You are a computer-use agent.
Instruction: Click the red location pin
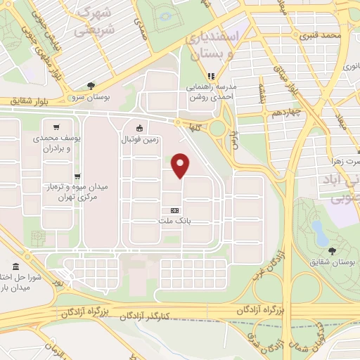coord(181,165)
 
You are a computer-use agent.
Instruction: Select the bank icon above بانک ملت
coord(174,210)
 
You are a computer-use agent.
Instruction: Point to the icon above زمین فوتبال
coord(139,128)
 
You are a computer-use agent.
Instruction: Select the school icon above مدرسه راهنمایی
coord(209,76)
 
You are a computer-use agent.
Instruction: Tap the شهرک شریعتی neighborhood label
coord(94,21)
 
